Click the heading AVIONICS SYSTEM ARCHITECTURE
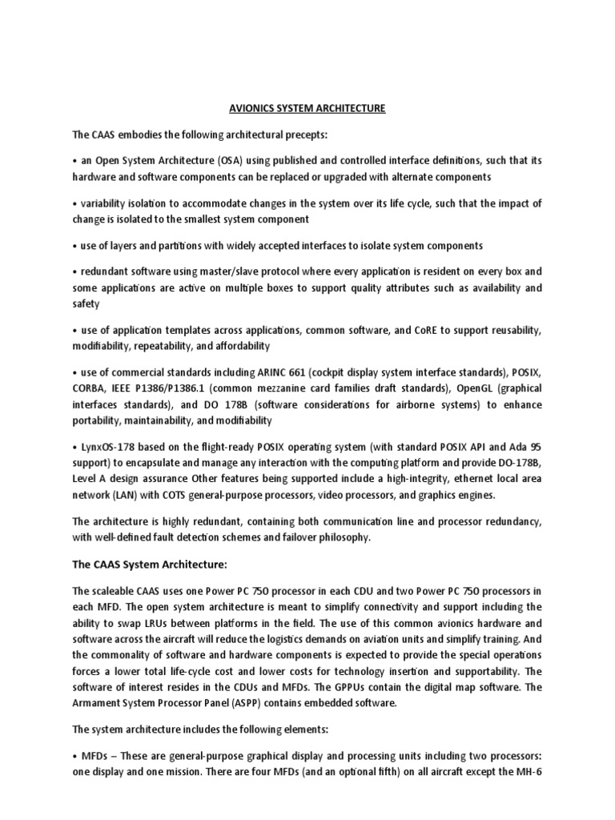coord(307,108)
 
